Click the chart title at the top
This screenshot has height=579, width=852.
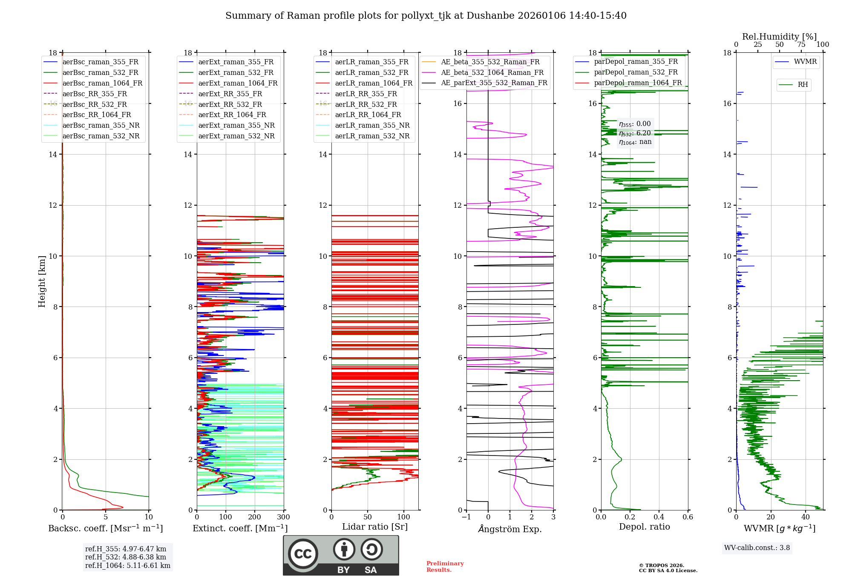(x=426, y=16)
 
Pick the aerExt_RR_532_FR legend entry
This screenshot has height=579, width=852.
(x=230, y=104)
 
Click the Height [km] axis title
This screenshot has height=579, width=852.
(x=42, y=281)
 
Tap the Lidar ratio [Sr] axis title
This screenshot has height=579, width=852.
(x=375, y=527)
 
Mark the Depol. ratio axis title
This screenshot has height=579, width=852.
(x=644, y=527)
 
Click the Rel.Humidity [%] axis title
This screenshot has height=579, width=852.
(x=779, y=37)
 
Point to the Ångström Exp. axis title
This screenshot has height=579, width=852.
(x=510, y=529)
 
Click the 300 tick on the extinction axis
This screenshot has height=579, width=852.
(x=283, y=517)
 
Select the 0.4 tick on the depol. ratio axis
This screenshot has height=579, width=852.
(x=659, y=517)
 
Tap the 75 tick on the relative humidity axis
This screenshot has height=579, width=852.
(x=801, y=45)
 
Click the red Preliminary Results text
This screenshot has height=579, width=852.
(x=445, y=567)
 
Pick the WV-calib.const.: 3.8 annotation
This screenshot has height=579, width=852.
(x=757, y=548)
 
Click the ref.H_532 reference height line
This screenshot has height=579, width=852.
(x=125, y=557)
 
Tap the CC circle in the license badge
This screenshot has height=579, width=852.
(x=303, y=554)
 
